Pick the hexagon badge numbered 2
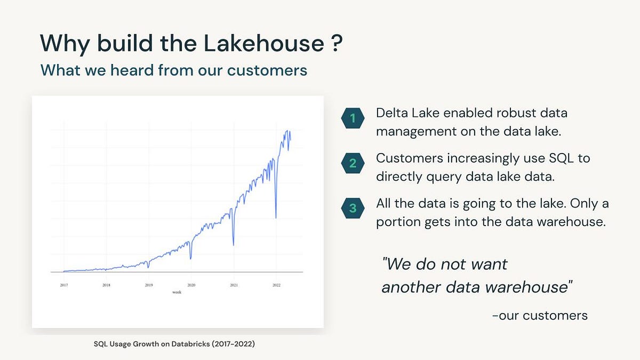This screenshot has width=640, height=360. [352, 163]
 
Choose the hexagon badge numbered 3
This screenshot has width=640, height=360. [352, 209]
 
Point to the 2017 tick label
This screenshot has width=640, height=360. [64, 285]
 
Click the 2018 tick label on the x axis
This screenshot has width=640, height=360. [107, 285]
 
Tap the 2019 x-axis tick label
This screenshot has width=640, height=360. [149, 285]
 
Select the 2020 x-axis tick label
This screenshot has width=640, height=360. [191, 285]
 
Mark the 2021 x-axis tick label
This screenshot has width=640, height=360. [234, 285]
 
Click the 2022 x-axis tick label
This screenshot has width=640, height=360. [276, 285]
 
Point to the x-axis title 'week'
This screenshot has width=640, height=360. [177, 292]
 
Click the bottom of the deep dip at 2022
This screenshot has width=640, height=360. [276, 218]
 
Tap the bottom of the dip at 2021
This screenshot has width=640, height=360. [234, 245]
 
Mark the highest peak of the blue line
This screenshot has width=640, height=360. [289, 131]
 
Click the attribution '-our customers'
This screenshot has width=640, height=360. [540, 315]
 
